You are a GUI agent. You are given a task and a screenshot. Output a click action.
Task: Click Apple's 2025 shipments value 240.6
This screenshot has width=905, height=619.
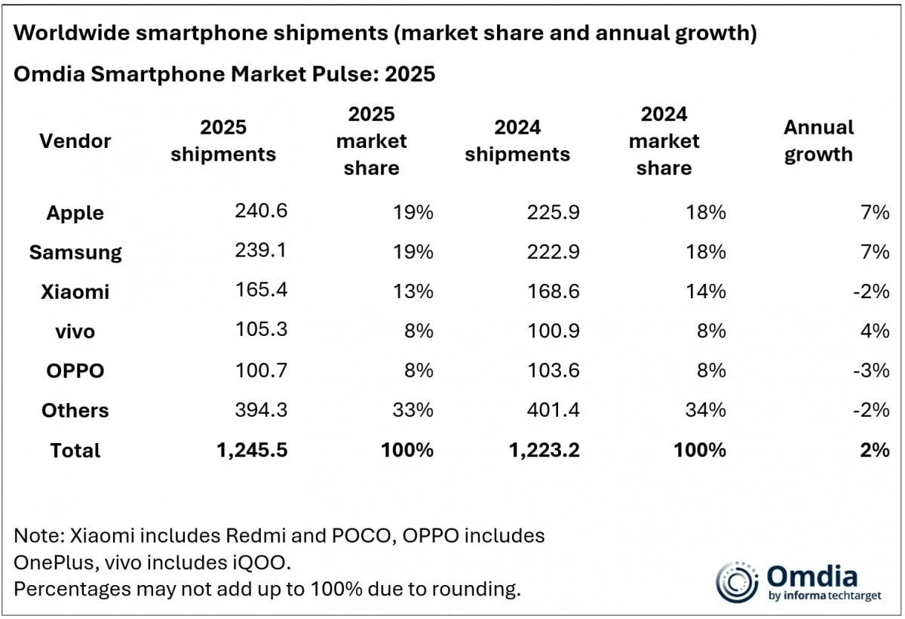pos(261,212)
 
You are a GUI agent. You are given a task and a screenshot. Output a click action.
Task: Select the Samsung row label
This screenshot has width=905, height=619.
pos(75,252)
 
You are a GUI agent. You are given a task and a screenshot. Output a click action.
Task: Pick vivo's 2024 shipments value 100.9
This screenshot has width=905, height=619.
pos(554,331)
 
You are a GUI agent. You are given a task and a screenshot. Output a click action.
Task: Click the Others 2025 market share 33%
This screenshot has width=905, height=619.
pos(413,410)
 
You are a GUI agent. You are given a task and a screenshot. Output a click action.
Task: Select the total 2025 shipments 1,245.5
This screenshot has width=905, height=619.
pos(250,450)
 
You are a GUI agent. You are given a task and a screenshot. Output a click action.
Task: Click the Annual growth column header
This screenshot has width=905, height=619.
pos(818,141)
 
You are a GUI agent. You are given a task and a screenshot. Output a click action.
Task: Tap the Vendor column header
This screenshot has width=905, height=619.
pos(75,141)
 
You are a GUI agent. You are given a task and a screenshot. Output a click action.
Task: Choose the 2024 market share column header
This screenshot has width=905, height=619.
pos(664,141)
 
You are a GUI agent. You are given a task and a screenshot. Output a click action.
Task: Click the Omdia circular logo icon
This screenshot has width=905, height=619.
pos(736,582)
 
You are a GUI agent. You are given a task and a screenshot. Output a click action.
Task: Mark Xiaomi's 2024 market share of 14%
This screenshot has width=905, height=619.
pos(707,291)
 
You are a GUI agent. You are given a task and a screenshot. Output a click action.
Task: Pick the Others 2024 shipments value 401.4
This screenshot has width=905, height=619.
pos(554,410)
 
